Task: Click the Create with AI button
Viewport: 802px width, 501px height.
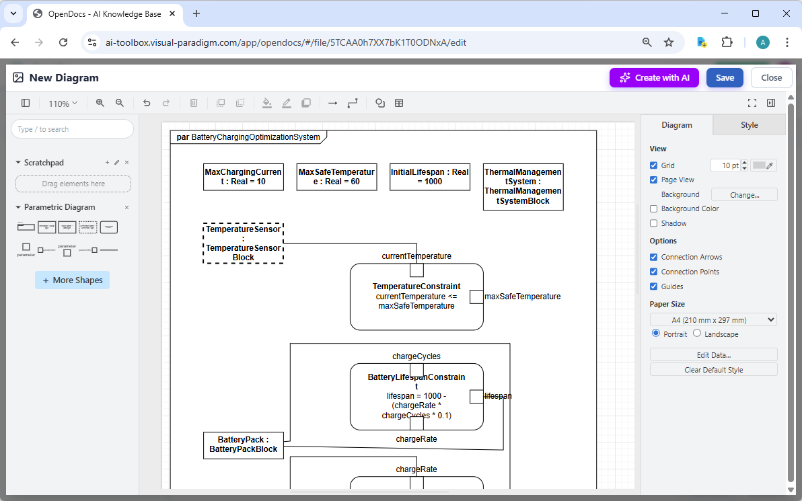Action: point(654,77)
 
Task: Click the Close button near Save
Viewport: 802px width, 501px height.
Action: point(771,77)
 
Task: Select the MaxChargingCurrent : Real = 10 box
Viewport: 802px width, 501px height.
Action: point(243,177)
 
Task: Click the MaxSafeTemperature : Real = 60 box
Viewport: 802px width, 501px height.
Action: point(336,177)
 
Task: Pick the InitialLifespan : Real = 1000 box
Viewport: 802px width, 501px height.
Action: point(430,177)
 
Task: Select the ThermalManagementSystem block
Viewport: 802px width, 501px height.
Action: point(523,187)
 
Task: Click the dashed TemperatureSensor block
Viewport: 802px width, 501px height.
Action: point(243,243)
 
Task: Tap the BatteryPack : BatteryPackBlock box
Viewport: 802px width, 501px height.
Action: point(243,445)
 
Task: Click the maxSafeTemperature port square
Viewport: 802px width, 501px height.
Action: point(476,297)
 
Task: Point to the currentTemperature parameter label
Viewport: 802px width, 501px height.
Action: point(416,256)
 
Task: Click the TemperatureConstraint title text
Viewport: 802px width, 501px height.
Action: point(416,286)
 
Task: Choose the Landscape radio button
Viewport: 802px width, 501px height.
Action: point(697,334)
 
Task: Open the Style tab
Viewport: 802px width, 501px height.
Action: point(749,125)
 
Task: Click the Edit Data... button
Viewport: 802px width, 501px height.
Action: point(713,354)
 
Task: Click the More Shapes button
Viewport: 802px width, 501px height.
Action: point(72,280)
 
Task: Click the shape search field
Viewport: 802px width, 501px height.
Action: point(72,129)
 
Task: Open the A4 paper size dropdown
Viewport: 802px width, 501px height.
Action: point(713,320)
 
